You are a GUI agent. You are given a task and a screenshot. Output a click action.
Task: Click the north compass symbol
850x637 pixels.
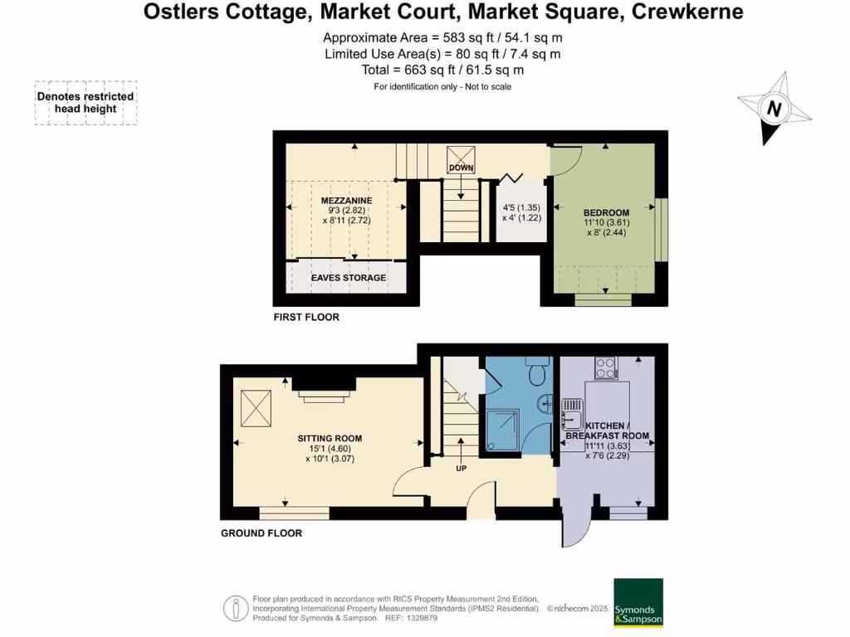click(774, 109)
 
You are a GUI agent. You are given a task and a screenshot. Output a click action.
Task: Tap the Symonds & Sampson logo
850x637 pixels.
click(638, 602)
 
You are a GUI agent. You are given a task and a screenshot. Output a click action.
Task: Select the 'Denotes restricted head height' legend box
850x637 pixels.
click(85, 103)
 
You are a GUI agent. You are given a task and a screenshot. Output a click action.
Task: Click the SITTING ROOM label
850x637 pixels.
click(330, 438)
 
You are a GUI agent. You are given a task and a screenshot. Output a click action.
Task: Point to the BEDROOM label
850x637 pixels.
click(606, 212)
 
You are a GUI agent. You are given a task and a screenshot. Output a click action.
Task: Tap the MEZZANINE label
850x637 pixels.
click(346, 201)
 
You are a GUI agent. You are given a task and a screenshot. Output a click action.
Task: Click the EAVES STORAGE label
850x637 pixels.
click(348, 278)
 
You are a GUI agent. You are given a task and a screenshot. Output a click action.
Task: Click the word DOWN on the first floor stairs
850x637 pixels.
click(461, 168)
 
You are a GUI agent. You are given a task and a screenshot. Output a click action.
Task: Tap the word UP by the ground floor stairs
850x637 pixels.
click(462, 468)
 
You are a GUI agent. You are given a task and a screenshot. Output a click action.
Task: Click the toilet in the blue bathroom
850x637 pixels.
click(538, 372)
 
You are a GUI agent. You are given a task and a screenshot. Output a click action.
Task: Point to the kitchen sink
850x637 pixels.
click(573, 408)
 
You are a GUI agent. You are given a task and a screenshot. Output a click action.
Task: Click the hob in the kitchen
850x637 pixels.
click(605, 367)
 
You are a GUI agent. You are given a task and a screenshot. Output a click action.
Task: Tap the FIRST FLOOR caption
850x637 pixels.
click(307, 318)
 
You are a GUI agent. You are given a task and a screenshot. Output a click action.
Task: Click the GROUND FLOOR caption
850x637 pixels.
click(261, 533)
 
